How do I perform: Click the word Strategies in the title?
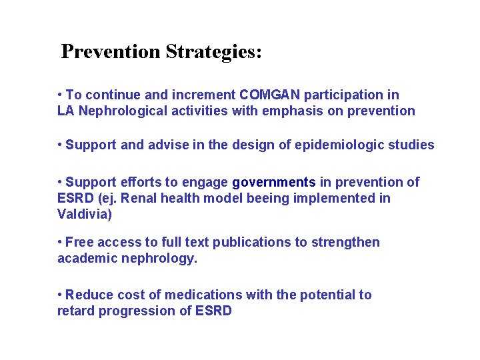(213, 52)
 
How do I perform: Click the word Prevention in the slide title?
(111, 51)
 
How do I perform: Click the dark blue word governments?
(274, 182)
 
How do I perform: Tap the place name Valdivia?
(83, 214)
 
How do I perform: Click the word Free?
(79, 242)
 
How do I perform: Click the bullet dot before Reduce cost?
(60, 295)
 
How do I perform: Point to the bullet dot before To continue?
(60, 95)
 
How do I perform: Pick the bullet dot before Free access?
(60, 242)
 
